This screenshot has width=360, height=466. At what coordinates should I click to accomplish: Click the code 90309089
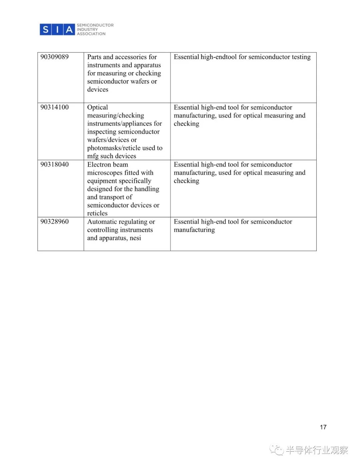point(54,57)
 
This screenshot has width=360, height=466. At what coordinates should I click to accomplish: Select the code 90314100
point(54,107)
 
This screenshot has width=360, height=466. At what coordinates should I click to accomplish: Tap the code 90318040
point(54,164)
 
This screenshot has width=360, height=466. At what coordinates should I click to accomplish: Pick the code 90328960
point(54,221)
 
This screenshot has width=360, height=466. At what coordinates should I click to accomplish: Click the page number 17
point(323,427)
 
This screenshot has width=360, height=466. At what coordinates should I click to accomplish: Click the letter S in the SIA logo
point(46,30)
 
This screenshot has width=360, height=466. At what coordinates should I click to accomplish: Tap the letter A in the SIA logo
point(69,30)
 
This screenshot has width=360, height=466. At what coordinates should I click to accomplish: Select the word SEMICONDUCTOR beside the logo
point(95,25)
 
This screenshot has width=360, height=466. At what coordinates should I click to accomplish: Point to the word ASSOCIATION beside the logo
point(91,34)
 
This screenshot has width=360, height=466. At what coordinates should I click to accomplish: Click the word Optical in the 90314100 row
point(97,107)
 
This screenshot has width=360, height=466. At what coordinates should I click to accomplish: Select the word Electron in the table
point(99,164)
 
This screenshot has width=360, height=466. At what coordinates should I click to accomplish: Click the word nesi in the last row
point(135,238)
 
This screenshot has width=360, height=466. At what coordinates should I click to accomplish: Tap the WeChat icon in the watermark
point(276,450)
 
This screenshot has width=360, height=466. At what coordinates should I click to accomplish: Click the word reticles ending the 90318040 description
point(97,213)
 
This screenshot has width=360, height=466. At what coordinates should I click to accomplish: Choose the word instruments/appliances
point(125,124)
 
